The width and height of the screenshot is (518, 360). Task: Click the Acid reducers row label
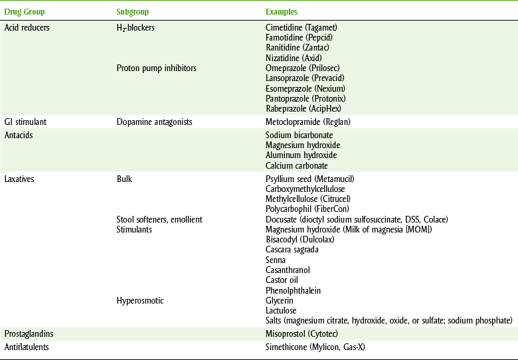pyautogui.click(x=27, y=27)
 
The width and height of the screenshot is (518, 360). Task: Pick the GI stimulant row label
pyautogui.click(x=25, y=122)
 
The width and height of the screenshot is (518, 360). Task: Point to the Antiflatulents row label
pyautogui.click(x=28, y=347)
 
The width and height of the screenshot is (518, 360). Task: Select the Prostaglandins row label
pyautogui.click(x=29, y=333)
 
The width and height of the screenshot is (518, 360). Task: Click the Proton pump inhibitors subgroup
pyautogui.click(x=156, y=68)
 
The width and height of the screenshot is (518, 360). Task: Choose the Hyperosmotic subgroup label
pyautogui.click(x=140, y=300)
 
